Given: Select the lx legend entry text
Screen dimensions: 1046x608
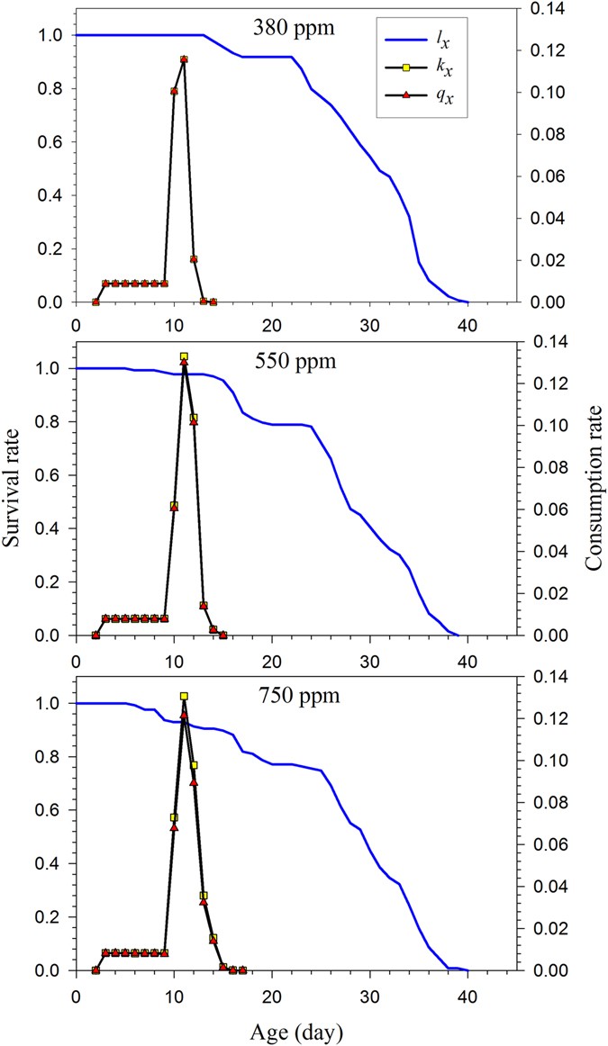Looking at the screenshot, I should coord(442,40).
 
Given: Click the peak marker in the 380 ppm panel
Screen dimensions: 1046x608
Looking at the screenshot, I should coord(184,59).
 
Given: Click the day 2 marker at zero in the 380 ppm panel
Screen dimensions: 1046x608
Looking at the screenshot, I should coord(95,302).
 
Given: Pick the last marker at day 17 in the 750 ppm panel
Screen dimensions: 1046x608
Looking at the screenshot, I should coord(243,970).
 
